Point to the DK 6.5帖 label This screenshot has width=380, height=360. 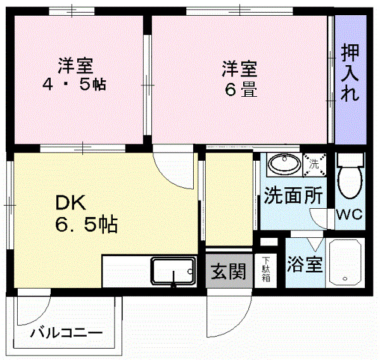pyautogui.click(x=85, y=214)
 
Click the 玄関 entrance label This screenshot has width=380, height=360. pyautogui.click(x=227, y=271)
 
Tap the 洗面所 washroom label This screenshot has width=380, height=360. pyautogui.click(x=293, y=196)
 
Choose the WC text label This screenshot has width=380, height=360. pyautogui.click(x=348, y=214)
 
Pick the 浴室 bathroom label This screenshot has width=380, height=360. pyautogui.click(x=305, y=263)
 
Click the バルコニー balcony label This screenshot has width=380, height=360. pyautogui.click(x=66, y=332)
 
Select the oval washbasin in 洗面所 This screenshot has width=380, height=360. pyautogui.click(x=284, y=165)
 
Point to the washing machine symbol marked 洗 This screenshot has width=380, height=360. pyautogui.click(x=314, y=164)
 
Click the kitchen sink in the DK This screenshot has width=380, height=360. pyautogui.click(x=173, y=271)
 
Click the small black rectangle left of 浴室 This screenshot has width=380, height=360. pyautogui.click(x=269, y=242)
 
